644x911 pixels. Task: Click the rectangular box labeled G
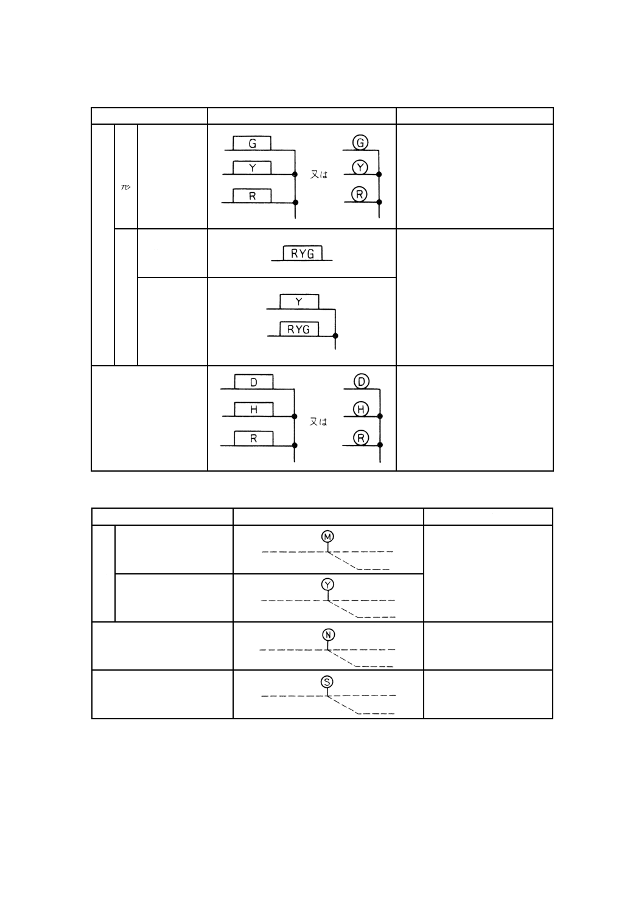252,144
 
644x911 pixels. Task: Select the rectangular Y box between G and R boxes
252,168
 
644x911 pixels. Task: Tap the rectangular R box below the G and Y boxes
252,196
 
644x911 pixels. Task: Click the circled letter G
360,143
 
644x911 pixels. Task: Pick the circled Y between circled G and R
360,167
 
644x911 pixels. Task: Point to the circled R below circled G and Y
360,195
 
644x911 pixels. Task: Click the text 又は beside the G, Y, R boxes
319,174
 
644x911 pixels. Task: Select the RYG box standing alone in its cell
303,253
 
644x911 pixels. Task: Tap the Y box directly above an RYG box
299,302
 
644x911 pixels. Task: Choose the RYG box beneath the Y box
299,329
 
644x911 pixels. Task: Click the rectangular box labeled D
254,382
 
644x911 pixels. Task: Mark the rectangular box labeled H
254,410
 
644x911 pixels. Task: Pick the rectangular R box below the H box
254,438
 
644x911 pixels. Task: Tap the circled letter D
362,382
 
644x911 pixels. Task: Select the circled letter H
362,410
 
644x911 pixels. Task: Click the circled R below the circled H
362,438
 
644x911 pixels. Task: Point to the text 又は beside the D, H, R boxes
318,422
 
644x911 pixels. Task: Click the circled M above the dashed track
327,537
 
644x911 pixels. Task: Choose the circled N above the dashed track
327,635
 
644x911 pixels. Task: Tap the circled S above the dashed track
327,682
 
